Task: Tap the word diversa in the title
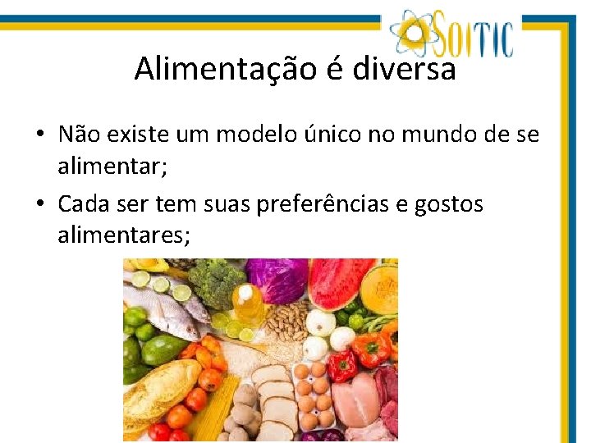pos(404,69)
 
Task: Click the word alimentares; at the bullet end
pos(123,236)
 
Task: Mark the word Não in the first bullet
pos(80,135)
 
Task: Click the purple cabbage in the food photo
pos(277,279)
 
